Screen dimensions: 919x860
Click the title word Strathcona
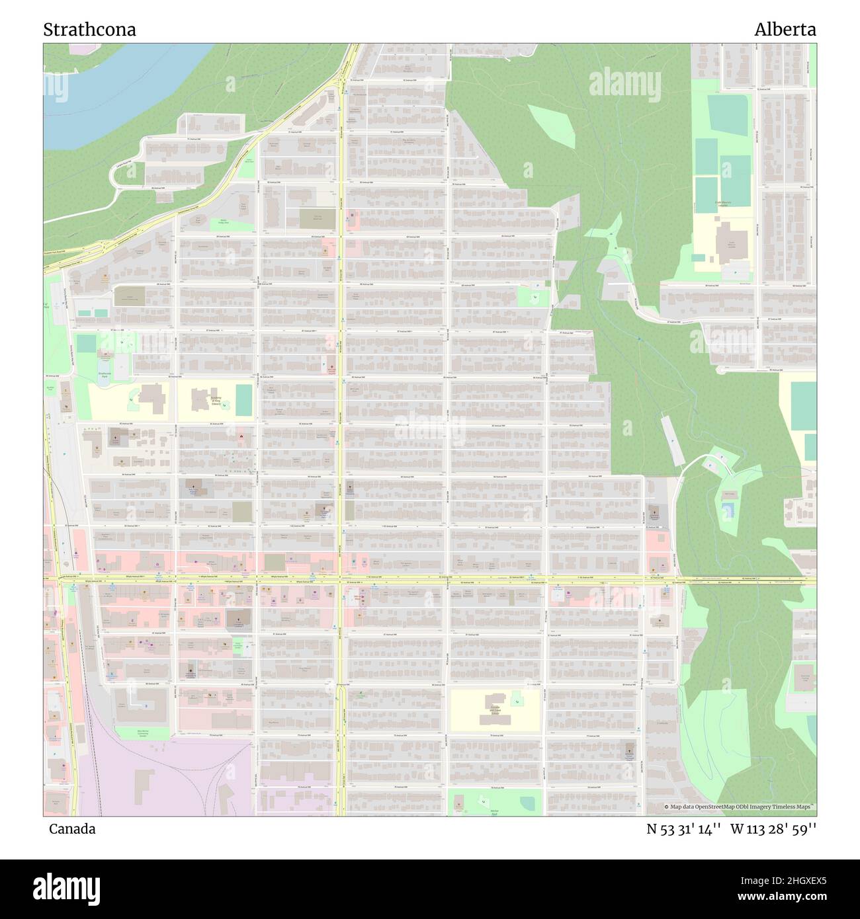[x=90, y=30]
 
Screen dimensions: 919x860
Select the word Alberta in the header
[x=785, y=30]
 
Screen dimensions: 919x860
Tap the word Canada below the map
[x=72, y=829]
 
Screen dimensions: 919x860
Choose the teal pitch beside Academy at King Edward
[x=243, y=399]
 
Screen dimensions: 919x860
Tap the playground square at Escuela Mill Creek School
[x=515, y=698]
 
